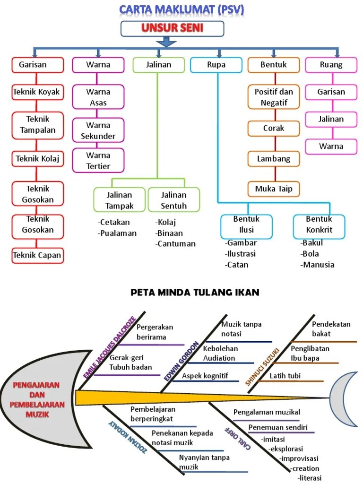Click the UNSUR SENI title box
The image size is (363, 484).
click(x=172, y=28)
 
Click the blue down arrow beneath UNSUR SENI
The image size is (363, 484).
click(x=166, y=42)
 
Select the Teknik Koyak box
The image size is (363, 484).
click(x=37, y=92)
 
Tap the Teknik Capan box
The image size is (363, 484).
click(x=37, y=255)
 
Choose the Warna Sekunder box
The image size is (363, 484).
click(x=98, y=130)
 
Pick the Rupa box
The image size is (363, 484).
click(x=216, y=65)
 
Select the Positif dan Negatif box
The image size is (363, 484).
click(x=274, y=97)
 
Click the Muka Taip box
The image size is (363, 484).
click(x=274, y=189)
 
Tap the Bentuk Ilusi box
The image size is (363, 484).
click(x=246, y=225)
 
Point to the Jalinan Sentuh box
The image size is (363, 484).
click(x=173, y=200)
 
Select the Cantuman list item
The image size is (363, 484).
click(x=176, y=244)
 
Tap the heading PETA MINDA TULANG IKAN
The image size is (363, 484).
click(x=195, y=293)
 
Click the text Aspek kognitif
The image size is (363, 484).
click(x=205, y=376)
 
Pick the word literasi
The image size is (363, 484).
click(x=310, y=478)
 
